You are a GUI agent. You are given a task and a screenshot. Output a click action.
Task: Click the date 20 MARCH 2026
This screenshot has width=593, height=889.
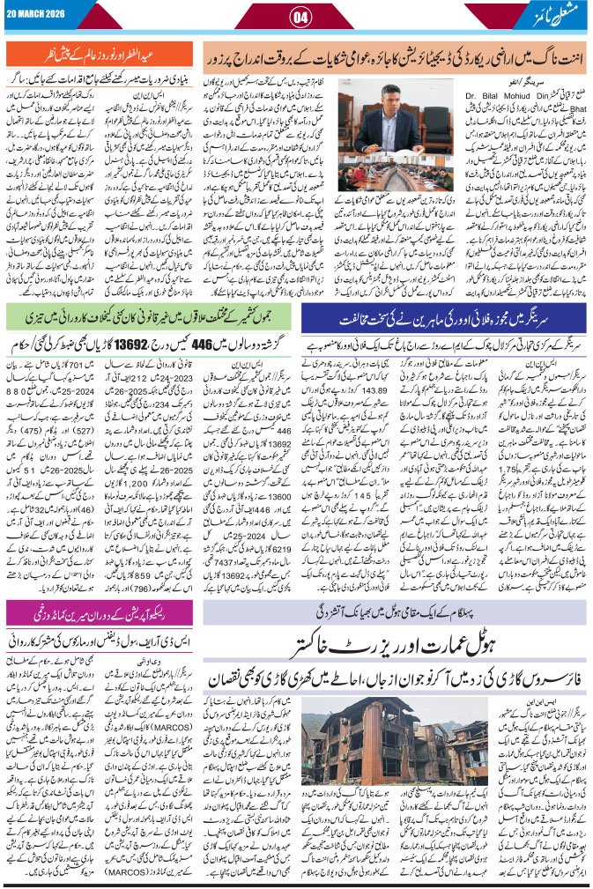pos(34,14)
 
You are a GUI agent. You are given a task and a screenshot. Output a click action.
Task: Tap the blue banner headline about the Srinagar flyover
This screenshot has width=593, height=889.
pos(445,316)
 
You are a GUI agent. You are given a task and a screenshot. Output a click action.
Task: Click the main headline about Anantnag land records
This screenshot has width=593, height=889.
pos(394,52)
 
